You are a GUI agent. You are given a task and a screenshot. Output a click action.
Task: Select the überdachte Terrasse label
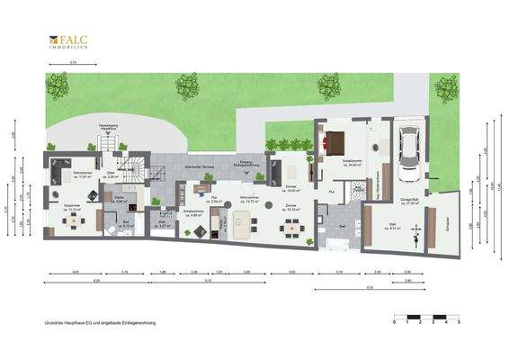pos(197,168)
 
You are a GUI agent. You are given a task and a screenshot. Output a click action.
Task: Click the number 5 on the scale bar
pos(460,321)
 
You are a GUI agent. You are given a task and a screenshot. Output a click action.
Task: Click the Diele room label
pos(111,175)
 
